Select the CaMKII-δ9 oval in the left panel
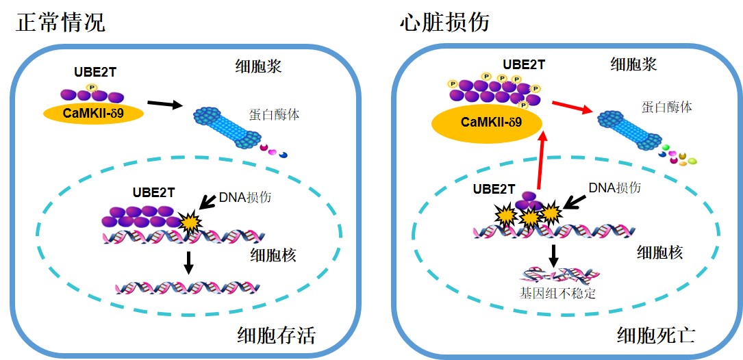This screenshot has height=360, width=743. point(94,113)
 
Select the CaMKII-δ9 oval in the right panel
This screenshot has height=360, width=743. point(486,123)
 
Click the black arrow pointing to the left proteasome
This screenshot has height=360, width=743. point(165,105)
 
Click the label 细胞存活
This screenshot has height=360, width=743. point(277,335)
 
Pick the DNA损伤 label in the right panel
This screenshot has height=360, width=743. point(614,187)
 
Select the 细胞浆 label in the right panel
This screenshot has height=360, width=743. point(633,64)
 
